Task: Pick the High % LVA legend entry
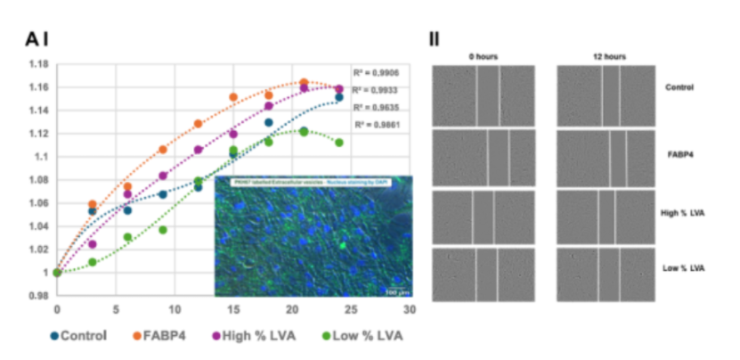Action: point(254,336)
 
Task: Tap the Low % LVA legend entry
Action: point(360,336)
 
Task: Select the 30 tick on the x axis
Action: point(410,311)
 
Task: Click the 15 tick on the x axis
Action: point(233,311)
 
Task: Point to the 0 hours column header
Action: point(484,56)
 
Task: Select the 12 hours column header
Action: point(610,56)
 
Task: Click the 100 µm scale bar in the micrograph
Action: point(396,290)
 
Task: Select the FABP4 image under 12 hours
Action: point(609,155)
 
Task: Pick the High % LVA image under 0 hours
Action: point(484,215)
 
